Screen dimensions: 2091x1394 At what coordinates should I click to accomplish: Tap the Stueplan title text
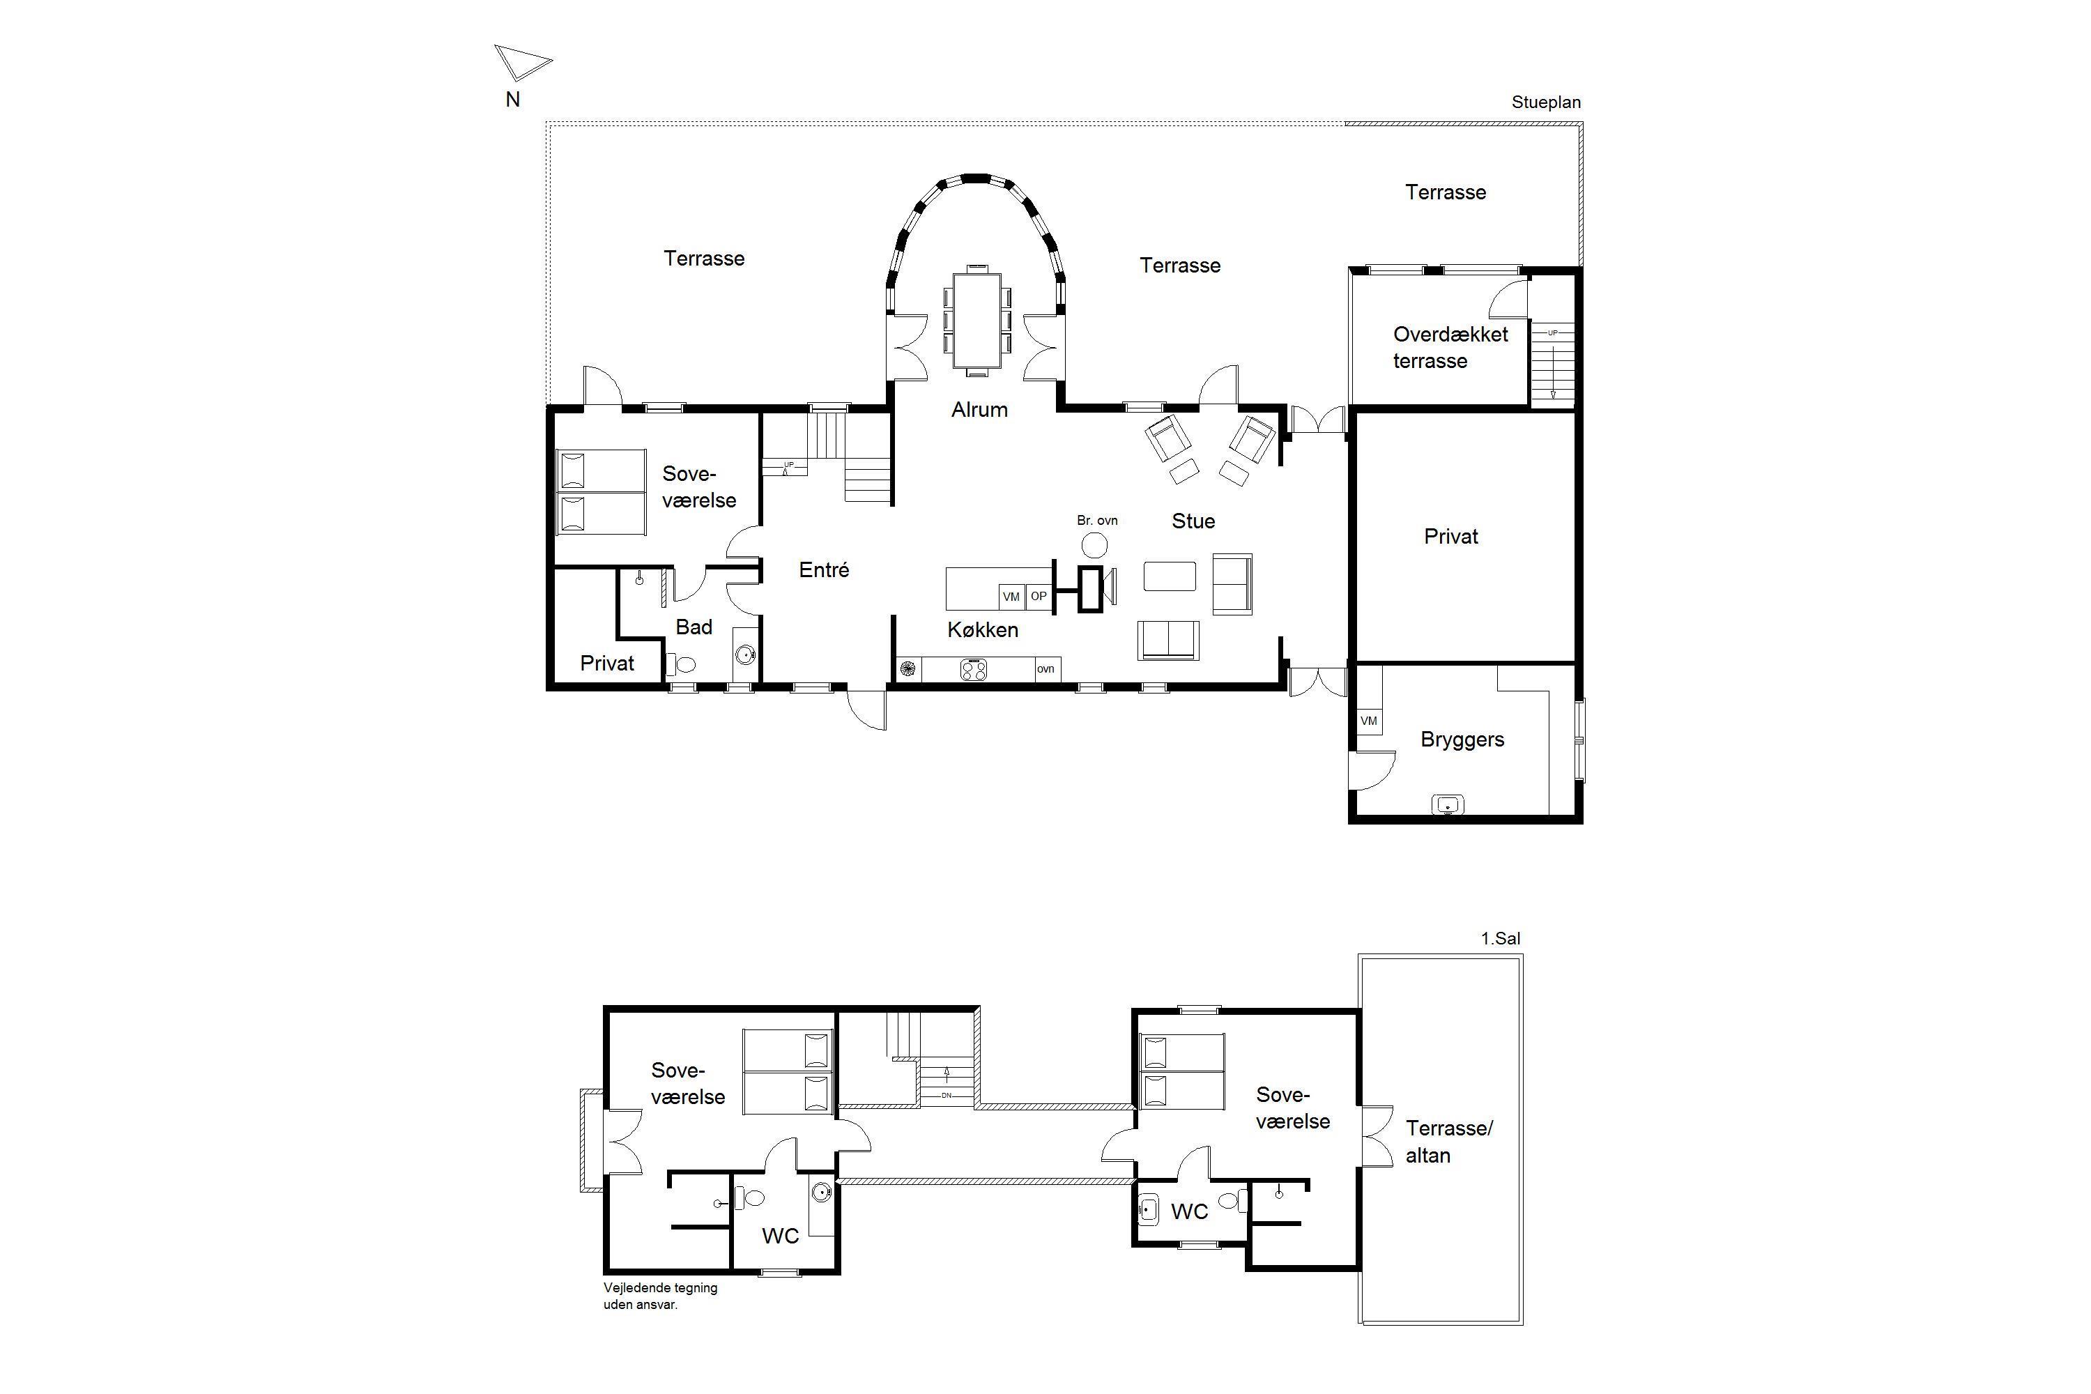[1546, 102]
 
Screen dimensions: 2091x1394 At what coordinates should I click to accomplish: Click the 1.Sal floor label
[1500, 938]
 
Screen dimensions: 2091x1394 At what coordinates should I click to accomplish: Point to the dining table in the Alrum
[977, 320]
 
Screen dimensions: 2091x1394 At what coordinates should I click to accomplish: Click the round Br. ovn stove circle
[1094, 544]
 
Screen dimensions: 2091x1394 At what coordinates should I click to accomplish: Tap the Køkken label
[982, 629]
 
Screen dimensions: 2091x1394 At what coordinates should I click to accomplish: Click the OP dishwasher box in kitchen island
[1039, 597]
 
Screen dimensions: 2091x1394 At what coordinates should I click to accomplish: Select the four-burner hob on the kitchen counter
[974, 669]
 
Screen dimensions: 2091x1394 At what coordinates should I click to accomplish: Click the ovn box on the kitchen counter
[1046, 669]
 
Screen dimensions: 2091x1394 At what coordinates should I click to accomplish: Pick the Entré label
[823, 570]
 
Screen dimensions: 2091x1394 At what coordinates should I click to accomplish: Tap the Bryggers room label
[1462, 740]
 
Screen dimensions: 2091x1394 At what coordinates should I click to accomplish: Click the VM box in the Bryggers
[1369, 721]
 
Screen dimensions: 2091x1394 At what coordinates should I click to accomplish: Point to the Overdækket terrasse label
[1450, 348]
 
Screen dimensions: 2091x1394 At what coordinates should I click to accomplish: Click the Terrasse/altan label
[1448, 1142]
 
